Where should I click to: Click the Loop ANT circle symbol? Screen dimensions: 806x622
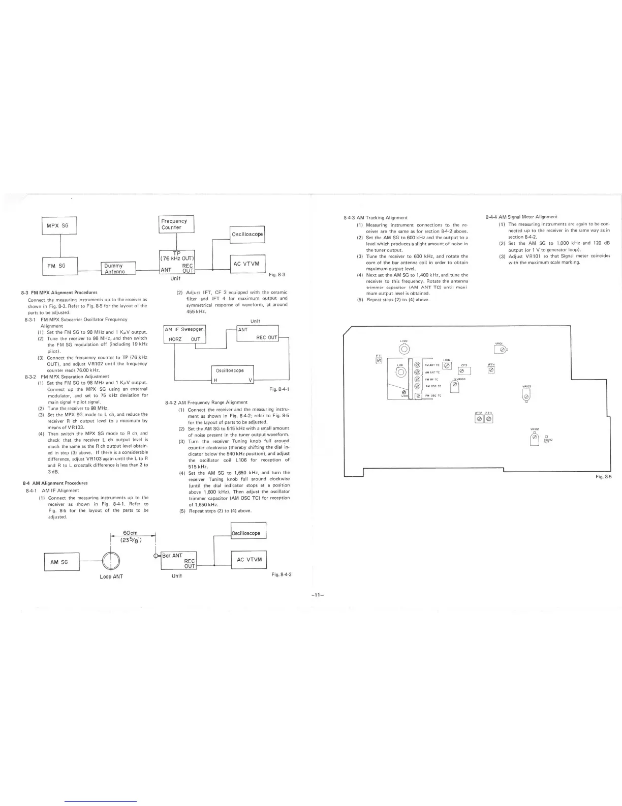pyautogui.click(x=111, y=561)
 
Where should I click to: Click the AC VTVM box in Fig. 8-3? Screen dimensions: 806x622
pyautogui.click(x=247, y=264)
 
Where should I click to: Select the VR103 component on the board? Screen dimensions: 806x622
pyautogui.click(x=526, y=396)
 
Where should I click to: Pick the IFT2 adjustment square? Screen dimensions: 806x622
pyautogui.click(x=478, y=419)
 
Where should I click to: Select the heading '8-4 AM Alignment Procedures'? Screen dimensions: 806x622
pyautogui.click(x=55, y=483)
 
